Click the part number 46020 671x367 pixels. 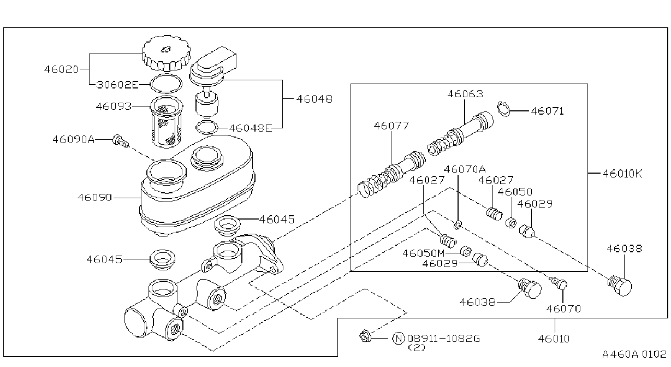(61, 69)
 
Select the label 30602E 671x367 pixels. (118, 85)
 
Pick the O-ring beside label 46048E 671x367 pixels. (207, 128)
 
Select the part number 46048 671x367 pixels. (314, 99)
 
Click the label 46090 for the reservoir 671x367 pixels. (94, 198)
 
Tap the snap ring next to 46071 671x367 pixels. (503, 109)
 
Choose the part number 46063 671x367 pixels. (465, 94)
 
